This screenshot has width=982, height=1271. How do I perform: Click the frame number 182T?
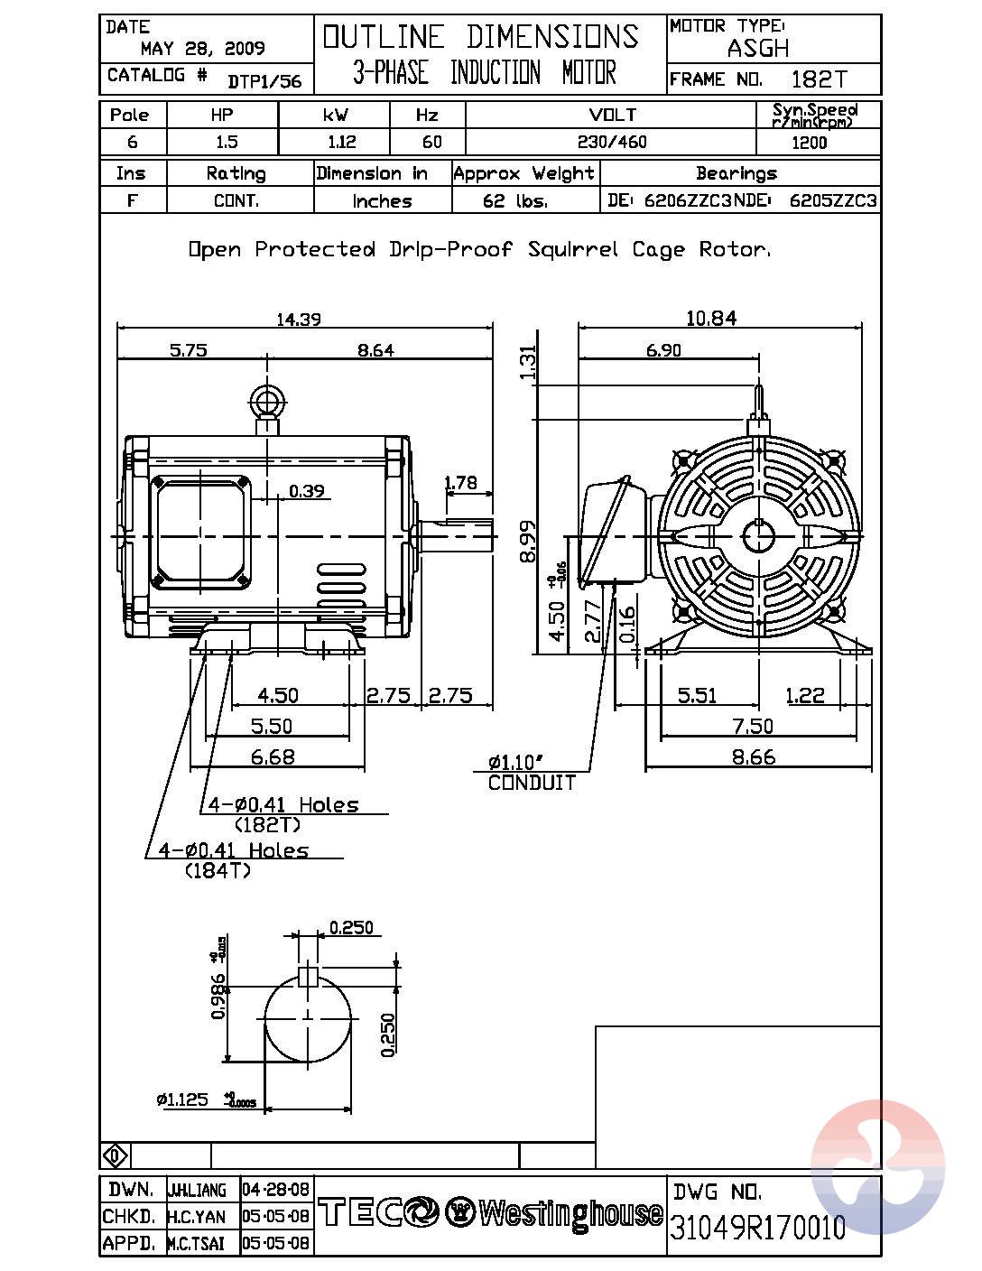pyautogui.click(x=819, y=79)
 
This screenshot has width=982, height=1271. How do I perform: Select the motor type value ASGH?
pyautogui.click(x=758, y=48)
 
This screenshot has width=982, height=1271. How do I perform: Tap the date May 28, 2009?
pyautogui.click(x=202, y=49)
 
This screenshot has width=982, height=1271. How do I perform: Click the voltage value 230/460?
pyautogui.click(x=611, y=142)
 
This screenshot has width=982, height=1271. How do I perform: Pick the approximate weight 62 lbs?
pyautogui.click(x=515, y=200)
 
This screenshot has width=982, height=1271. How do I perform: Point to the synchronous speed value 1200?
pyautogui.click(x=809, y=143)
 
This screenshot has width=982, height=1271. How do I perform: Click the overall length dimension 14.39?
pyautogui.click(x=298, y=319)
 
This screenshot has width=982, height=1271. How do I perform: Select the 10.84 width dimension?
pyautogui.click(x=710, y=318)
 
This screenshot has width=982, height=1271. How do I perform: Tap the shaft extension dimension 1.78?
pyautogui.click(x=460, y=482)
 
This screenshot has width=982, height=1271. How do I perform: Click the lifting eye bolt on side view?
pyautogui.click(x=267, y=402)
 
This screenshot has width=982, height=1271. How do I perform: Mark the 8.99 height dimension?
pyautogui.click(x=529, y=540)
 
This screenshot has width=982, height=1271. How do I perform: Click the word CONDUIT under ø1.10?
pyautogui.click(x=532, y=784)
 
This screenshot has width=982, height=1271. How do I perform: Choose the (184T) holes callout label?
pyautogui.click(x=218, y=871)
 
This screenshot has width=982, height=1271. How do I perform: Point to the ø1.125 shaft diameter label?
pyautogui.click(x=183, y=1099)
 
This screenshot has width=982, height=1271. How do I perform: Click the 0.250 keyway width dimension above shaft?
pyautogui.click(x=351, y=927)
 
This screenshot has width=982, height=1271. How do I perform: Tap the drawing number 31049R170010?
pyautogui.click(x=758, y=1227)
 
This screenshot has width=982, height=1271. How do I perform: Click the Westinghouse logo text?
pyautogui.click(x=570, y=1213)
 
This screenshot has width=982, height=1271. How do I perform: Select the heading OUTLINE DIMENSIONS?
pyautogui.click(x=481, y=37)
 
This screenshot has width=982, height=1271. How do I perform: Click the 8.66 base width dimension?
pyautogui.click(x=753, y=756)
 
